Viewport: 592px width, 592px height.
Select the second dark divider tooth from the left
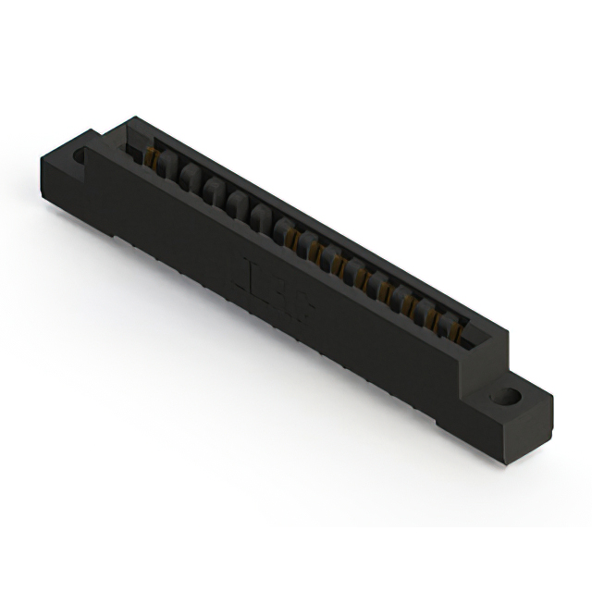[189, 176]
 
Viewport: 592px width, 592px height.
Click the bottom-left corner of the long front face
[115, 237]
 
